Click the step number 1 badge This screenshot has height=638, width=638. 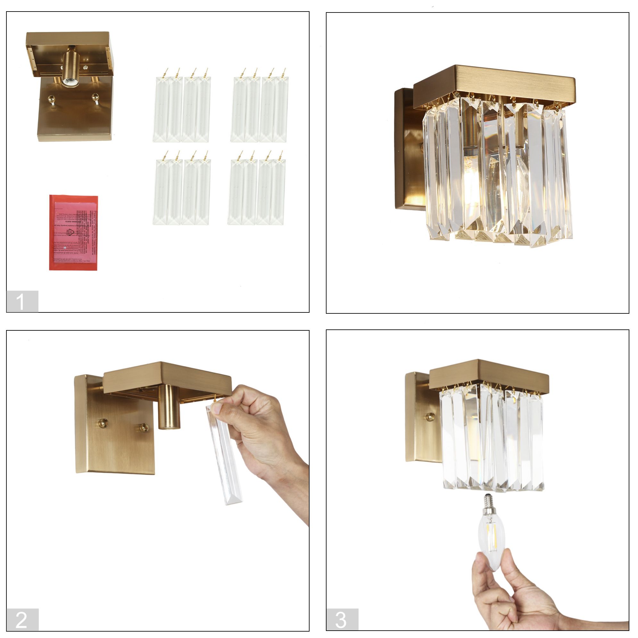[22, 301]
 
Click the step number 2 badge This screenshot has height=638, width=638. [22, 619]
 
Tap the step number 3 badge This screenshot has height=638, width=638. [342, 619]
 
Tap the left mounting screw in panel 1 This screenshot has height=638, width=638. [51, 99]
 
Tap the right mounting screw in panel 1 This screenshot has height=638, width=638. [95, 98]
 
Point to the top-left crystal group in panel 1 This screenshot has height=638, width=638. [182, 109]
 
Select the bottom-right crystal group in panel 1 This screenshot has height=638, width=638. [256, 192]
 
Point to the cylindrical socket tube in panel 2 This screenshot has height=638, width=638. [169, 408]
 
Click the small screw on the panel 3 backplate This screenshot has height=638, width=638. [430, 417]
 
